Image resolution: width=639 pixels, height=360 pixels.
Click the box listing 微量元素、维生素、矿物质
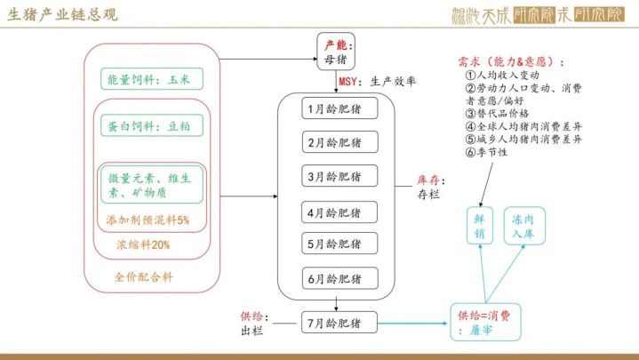[150, 185]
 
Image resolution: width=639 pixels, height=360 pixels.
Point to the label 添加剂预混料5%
[148, 219]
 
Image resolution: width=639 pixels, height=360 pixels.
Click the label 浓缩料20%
[142, 244]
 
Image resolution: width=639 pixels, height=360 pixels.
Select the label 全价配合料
[144, 276]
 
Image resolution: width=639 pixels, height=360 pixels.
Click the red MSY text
[347, 83]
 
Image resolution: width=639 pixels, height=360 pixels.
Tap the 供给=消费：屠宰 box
[485, 322]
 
